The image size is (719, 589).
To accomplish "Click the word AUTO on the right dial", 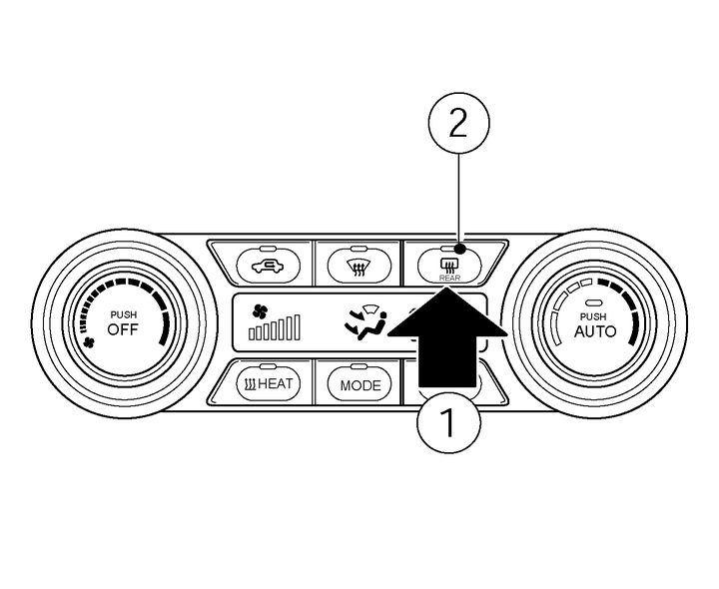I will pos(595,331).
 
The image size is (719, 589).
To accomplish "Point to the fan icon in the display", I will pos(261,309).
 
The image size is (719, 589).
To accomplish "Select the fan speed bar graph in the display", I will pos(275,328).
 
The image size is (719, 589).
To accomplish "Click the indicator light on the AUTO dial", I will pos(595,302).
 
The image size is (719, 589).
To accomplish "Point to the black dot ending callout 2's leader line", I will pos(457,248).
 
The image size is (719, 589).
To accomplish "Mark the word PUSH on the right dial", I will pos(595,315).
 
